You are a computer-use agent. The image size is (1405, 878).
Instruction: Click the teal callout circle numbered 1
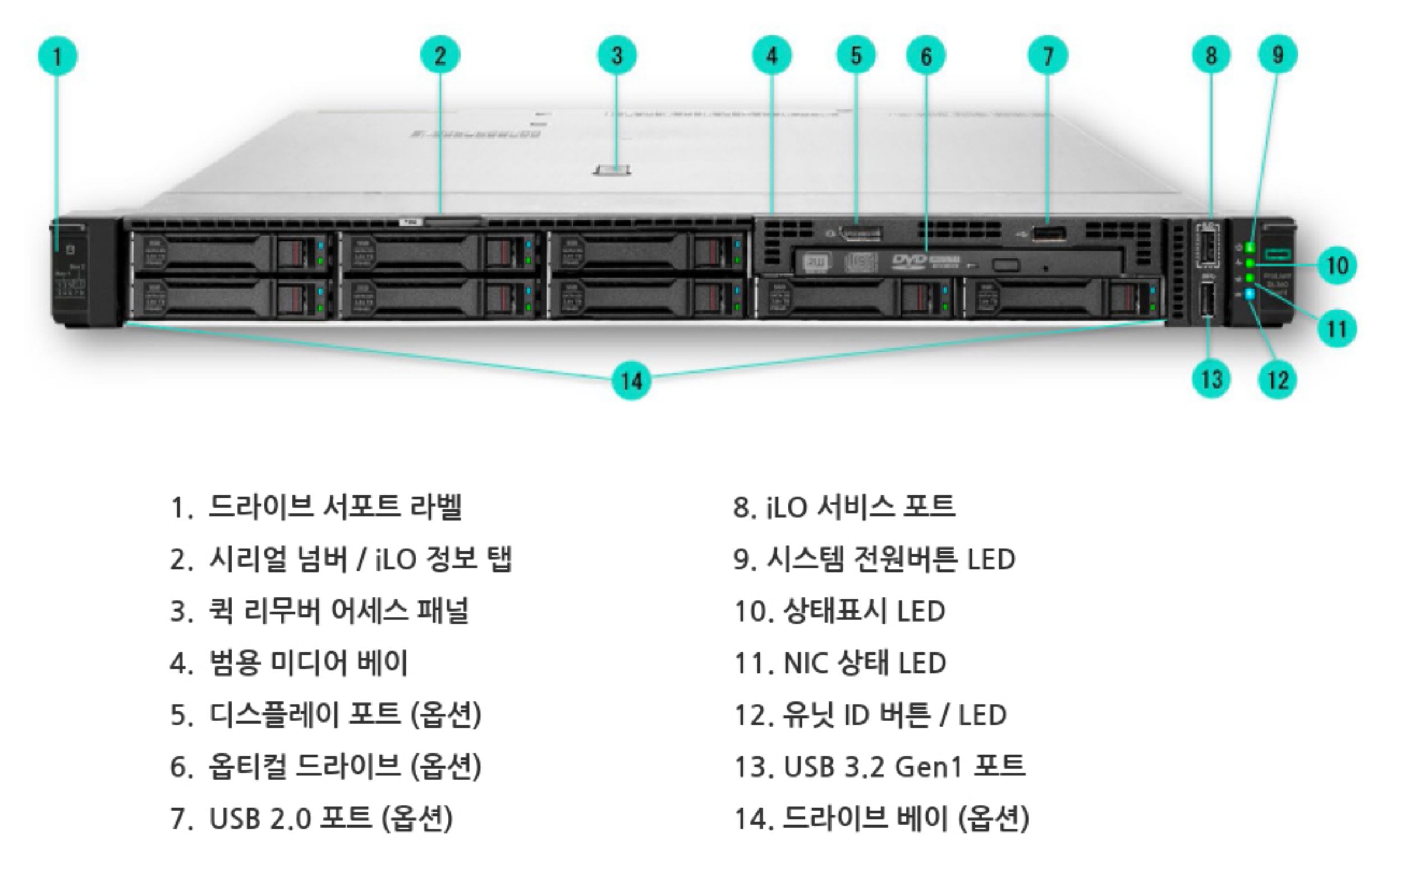click(x=57, y=56)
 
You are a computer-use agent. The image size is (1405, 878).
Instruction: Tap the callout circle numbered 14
click(x=632, y=381)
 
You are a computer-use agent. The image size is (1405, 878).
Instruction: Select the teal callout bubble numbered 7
click(x=1048, y=56)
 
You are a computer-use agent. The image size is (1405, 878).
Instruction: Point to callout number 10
click(x=1337, y=265)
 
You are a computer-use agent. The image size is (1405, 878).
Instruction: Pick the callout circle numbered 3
click(x=617, y=56)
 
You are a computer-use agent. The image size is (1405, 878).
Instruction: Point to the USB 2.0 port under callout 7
click(x=1049, y=233)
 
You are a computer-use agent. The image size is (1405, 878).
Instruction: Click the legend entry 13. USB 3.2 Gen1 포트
click(x=879, y=766)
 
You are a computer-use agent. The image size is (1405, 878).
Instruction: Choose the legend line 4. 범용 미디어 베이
click(x=288, y=663)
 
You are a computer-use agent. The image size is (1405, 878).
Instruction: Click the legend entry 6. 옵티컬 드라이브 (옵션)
click(x=325, y=766)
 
